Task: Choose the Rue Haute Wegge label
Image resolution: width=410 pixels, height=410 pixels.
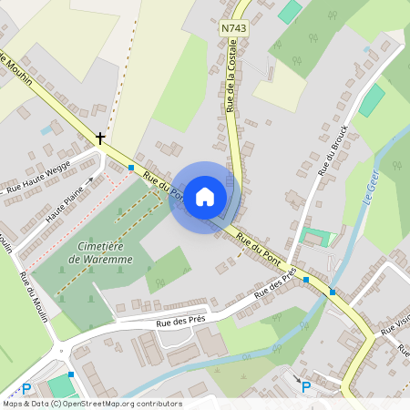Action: pos(38,184)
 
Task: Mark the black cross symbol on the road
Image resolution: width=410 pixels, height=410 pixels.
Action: pos(99,138)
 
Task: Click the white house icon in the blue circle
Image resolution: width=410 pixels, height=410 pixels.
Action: pos(205,197)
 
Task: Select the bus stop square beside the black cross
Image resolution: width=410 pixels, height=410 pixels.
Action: pos(132,168)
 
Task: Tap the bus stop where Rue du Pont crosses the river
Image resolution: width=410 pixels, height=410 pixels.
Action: pos(333,292)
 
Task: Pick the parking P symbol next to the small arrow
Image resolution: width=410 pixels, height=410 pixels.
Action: pos(306,387)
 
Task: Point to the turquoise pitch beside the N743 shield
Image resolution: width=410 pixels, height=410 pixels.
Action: pos(290,12)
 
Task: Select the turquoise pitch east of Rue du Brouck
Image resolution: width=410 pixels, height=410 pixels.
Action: pos(371,100)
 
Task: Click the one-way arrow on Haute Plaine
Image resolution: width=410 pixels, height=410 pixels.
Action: pos(90,179)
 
